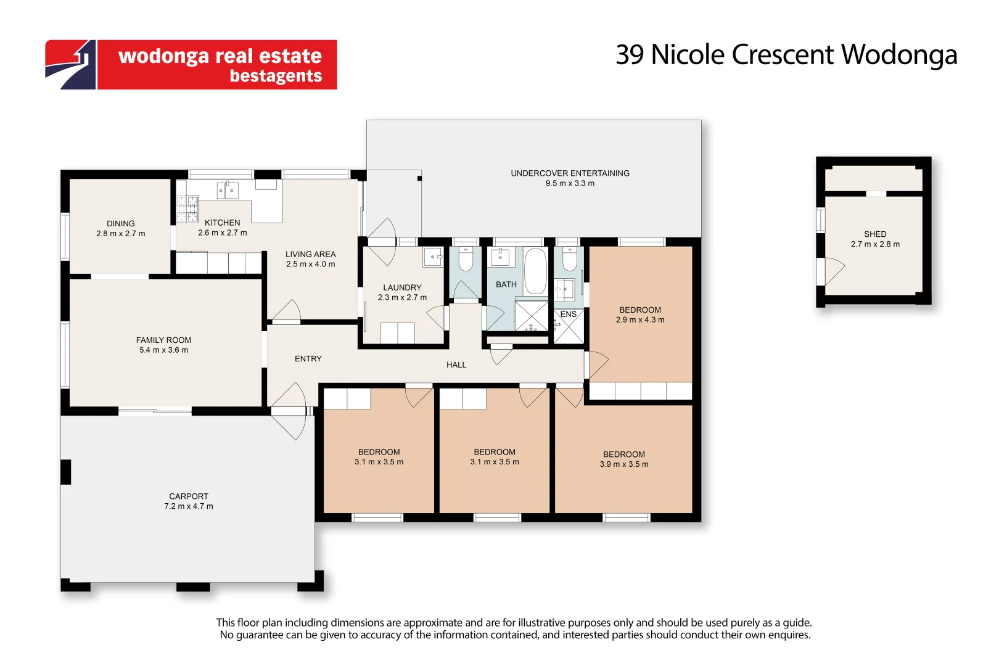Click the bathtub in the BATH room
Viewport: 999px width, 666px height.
[x=535, y=271]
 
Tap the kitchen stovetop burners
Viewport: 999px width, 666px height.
[x=187, y=208]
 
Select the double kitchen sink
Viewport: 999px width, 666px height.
[x=228, y=191]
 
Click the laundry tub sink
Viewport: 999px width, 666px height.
[x=433, y=257]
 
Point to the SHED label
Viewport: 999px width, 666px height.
[x=875, y=234]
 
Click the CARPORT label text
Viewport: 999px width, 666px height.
[x=189, y=496]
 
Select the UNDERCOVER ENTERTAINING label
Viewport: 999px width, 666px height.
[x=570, y=173]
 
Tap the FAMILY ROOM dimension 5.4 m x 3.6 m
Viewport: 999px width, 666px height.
[x=163, y=350]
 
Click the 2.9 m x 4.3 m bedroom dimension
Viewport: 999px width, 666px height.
[x=640, y=320]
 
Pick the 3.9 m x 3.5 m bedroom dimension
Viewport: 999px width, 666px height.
[x=624, y=464]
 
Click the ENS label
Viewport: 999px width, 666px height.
[x=569, y=314]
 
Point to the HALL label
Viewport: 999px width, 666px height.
[x=456, y=365]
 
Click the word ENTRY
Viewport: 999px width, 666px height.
[x=308, y=359]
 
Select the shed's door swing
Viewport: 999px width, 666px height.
[x=833, y=271]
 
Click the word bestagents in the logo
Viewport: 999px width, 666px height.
[x=276, y=76]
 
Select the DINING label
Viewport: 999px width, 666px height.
[x=121, y=224]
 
